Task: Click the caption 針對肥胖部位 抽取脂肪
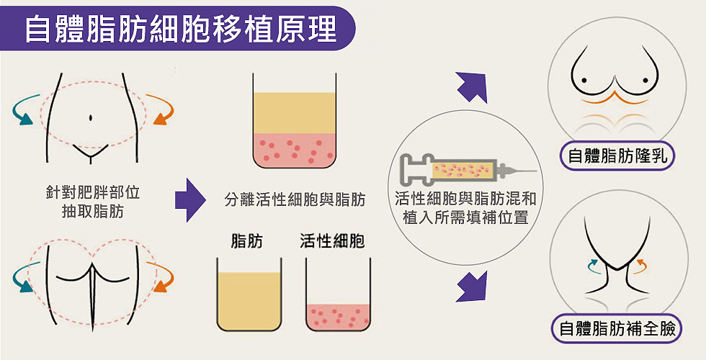pos(91,202)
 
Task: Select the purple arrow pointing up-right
pos(472,88)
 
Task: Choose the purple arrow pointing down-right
pos(471,286)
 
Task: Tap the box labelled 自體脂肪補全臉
pos(617,330)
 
